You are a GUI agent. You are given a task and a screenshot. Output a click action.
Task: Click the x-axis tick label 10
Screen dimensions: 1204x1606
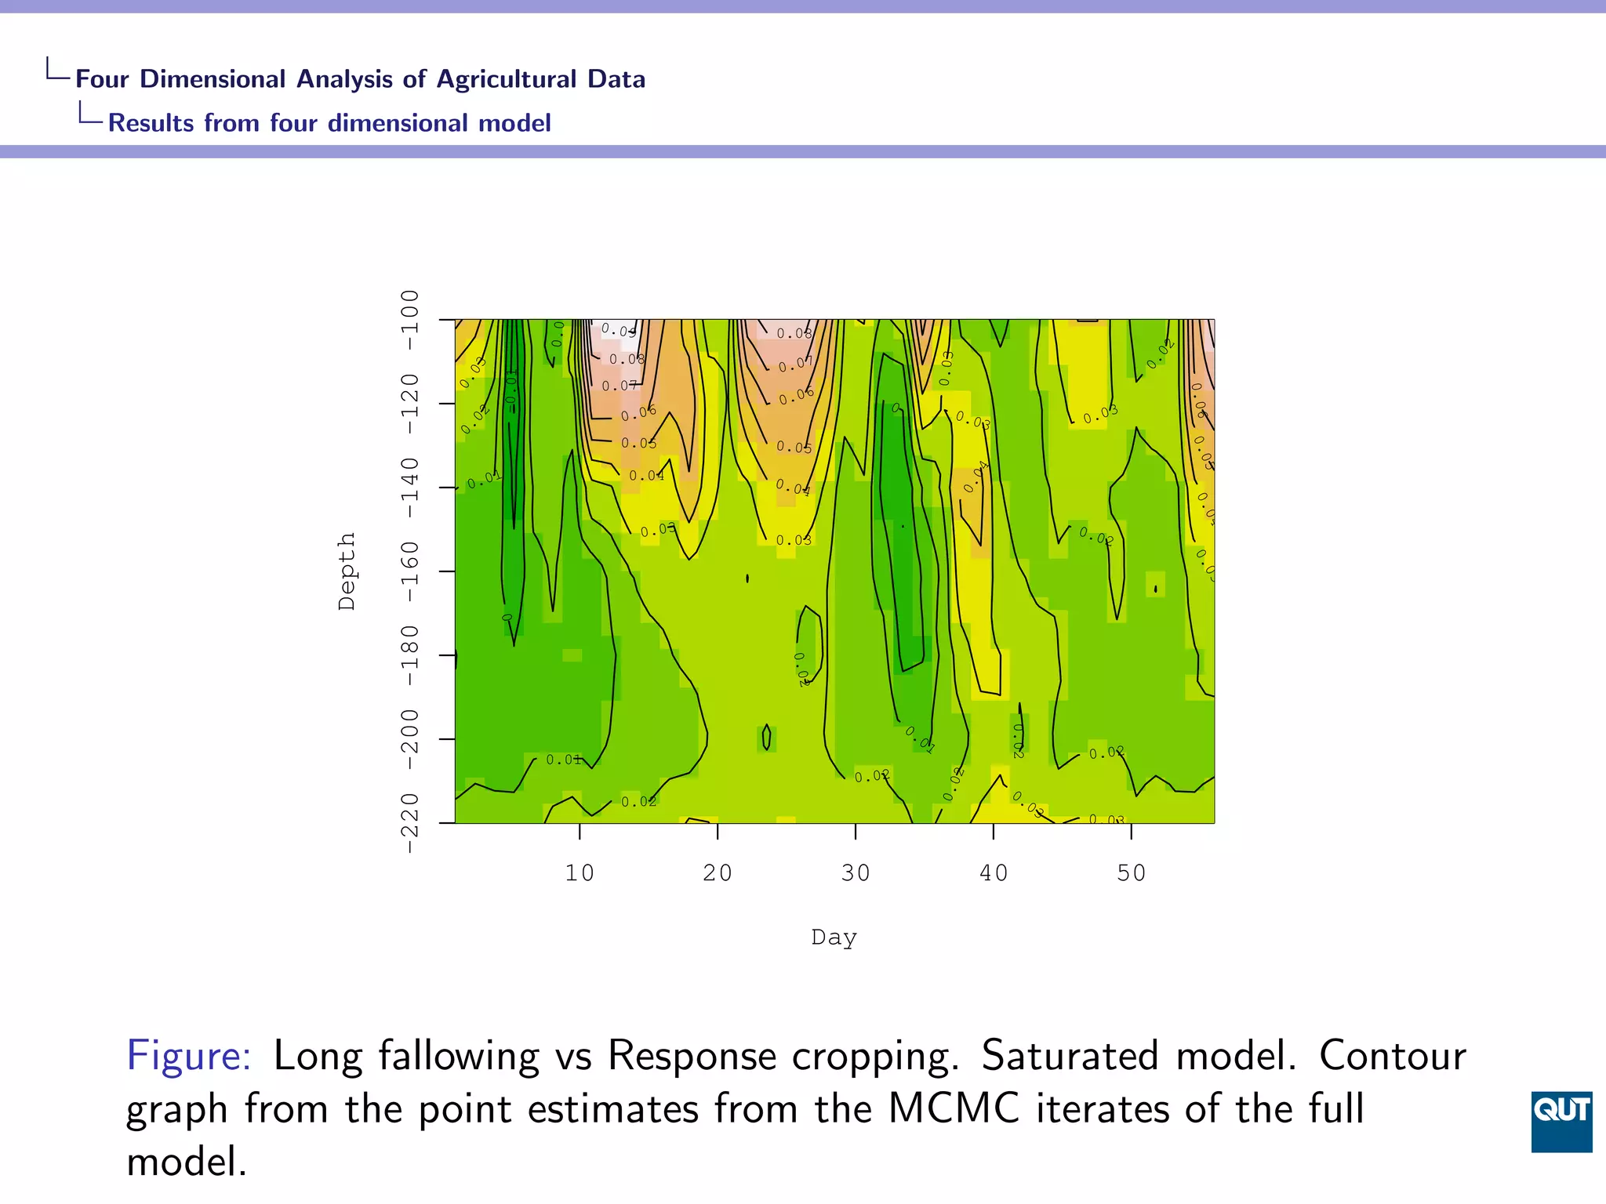580,873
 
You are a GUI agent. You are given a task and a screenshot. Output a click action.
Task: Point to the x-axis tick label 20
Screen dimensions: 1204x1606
718,873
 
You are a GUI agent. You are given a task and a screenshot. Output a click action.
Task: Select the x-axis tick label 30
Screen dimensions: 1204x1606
856,873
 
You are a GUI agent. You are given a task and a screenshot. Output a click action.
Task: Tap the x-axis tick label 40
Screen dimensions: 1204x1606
994,873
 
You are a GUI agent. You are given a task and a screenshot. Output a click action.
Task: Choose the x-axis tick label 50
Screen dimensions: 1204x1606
1132,873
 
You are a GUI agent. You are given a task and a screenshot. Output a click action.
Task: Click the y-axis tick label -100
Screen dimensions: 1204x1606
410,311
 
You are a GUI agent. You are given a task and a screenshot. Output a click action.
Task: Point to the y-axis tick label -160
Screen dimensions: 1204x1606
410,571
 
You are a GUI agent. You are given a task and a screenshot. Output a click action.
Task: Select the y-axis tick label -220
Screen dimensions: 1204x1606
410,823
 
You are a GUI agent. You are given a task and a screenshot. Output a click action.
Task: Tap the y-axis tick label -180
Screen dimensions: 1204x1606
410,655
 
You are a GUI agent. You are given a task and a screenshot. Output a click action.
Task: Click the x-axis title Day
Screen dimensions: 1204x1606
834,937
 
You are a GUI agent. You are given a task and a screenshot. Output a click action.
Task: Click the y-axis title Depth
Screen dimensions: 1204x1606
347,571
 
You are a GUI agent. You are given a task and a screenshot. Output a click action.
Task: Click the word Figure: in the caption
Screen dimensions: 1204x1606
189,1056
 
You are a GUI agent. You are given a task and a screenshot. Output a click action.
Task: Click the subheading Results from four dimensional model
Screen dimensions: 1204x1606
329,123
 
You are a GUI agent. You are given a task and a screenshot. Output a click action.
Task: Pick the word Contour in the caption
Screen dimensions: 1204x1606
1392,1056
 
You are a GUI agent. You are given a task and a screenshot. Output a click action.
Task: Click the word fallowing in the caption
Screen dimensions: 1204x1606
459,1056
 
